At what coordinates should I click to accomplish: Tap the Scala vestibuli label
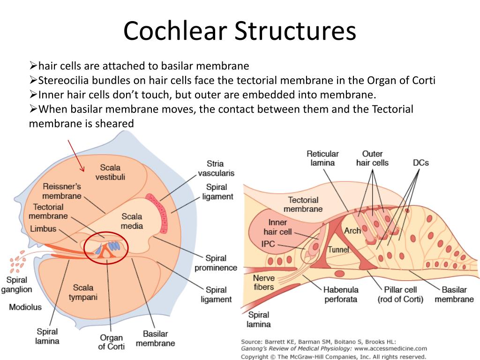(110, 172)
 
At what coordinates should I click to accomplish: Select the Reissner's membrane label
(62, 191)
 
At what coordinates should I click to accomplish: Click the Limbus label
(43, 229)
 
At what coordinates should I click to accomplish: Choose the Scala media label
(132, 221)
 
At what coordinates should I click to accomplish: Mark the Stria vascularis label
(215, 168)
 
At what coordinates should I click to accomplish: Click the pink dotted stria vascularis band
(159, 214)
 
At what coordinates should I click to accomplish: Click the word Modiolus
(25, 307)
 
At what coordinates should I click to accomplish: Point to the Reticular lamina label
(322, 158)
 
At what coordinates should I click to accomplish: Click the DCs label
(420, 163)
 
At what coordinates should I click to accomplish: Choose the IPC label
(269, 244)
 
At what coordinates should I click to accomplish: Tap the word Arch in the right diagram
(352, 231)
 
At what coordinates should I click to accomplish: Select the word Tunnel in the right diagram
(338, 249)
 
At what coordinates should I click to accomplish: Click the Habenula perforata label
(341, 294)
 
